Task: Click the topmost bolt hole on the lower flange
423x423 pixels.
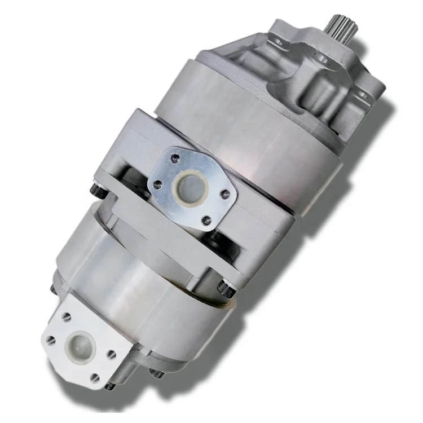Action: (x=68, y=316)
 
